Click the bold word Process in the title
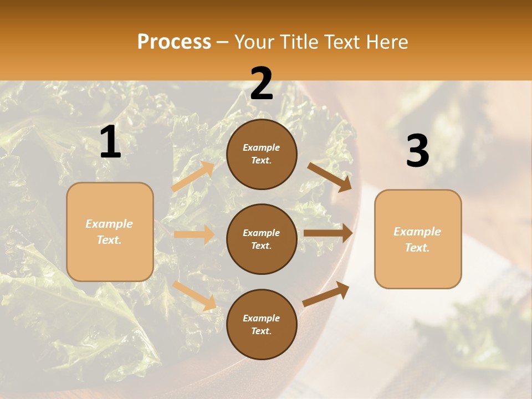[174, 42]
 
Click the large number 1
[110, 142]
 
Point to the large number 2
[262, 83]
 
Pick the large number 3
[417, 151]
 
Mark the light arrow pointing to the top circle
[193, 177]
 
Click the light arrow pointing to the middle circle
[194, 234]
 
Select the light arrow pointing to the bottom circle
[195, 295]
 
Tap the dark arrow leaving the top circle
[330, 177]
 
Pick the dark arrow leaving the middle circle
[328, 233]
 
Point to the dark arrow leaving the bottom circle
[326, 294]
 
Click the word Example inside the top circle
[262, 147]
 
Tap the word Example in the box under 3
[417, 232]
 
